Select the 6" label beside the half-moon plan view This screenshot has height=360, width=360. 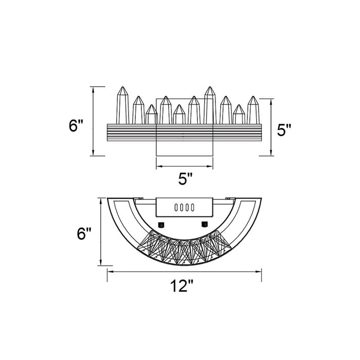[84, 233]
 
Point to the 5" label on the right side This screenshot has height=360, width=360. [284, 130]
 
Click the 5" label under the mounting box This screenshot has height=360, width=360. [185, 178]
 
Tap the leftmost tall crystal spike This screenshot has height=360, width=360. [122, 105]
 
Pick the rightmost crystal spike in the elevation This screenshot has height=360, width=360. [253, 110]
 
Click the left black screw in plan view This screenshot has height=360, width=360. [161, 224]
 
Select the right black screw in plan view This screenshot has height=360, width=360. [204, 224]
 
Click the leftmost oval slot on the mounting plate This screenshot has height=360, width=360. [176, 207]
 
